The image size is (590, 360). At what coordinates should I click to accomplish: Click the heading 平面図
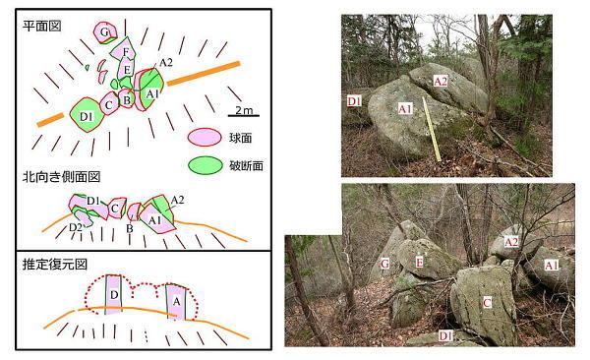pyautogui.click(x=41, y=26)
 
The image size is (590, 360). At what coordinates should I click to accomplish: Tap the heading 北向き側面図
pyautogui.click(x=61, y=177)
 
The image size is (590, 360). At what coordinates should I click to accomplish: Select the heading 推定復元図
pyautogui.click(x=54, y=264)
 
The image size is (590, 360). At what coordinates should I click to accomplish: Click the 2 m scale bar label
pyautogui.click(x=244, y=109)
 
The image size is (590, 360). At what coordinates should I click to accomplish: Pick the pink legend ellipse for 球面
pyautogui.click(x=205, y=137)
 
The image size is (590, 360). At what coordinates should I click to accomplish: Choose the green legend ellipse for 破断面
pyautogui.click(x=206, y=165)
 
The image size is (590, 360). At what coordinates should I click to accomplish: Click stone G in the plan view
pyautogui.click(x=105, y=32)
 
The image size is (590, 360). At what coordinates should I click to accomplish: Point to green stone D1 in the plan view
pyautogui.click(x=87, y=114)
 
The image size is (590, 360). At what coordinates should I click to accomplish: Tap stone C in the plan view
pyautogui.click(x=109, y=103)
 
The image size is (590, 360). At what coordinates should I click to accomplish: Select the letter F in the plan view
pyautogui.click(x=126, y=52)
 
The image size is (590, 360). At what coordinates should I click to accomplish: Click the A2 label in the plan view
pyautogui.click(x=165, y=63)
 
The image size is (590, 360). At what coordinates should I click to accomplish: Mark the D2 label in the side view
pyautogui.click(x=76, y=227)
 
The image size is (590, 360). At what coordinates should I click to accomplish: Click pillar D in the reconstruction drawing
pyautogui.click(x=114, y=294)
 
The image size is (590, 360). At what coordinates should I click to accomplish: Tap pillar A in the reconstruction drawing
pyautogui.click(x=176, y=302)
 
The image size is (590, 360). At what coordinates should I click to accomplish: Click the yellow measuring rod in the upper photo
pyautogui.click(x=432, y=129)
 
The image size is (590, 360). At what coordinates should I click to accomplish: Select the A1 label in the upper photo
pyautogui.click(x=405, y=109)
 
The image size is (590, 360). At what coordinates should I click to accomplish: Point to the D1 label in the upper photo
pyautogui.click(x=354, y=101)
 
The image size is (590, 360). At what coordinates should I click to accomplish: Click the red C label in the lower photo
pyautogui.click(x=487, y=302)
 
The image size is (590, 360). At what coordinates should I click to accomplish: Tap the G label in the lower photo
pyautogui.click(x=384, y=264)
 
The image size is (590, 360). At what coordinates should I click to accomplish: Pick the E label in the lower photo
pyautogui.click(x=420, y=262)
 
